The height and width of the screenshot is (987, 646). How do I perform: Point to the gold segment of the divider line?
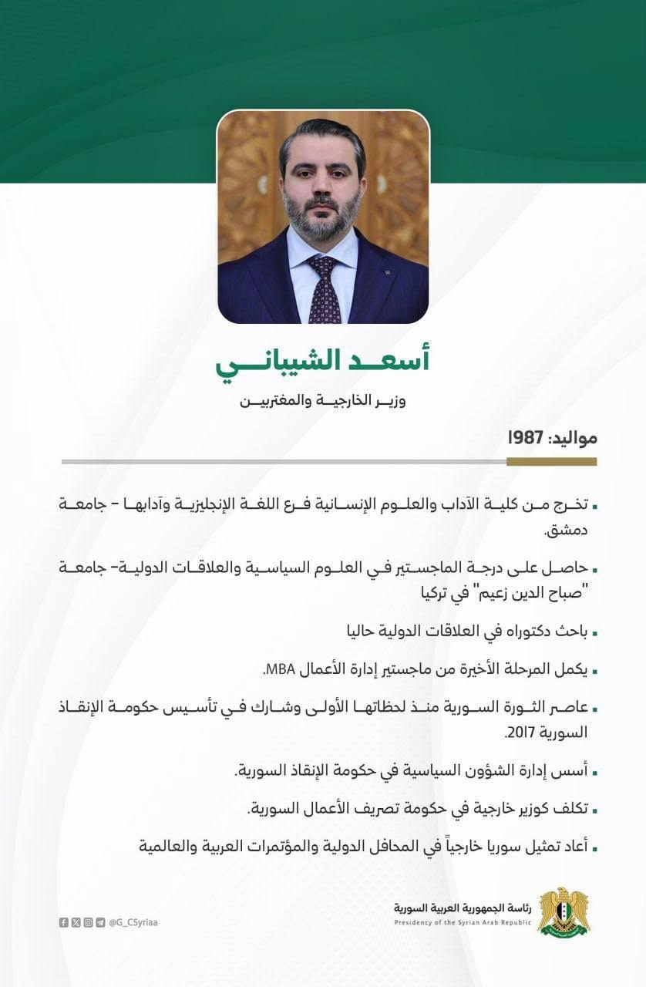(551, 462)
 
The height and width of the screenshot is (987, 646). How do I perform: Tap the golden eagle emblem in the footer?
(563, 912)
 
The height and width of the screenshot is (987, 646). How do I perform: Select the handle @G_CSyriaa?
(133, 922)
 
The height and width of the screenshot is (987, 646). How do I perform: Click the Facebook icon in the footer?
(63, 922)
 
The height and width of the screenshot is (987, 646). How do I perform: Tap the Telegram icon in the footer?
(100, 922)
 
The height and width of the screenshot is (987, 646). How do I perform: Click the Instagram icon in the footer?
(88, 922)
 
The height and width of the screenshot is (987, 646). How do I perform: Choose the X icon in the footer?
(76, 922)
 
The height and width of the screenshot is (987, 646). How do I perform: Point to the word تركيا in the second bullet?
(419, 595)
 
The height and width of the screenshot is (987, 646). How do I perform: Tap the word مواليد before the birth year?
(572, 437)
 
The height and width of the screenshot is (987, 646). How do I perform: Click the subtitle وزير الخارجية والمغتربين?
(322, 402)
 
